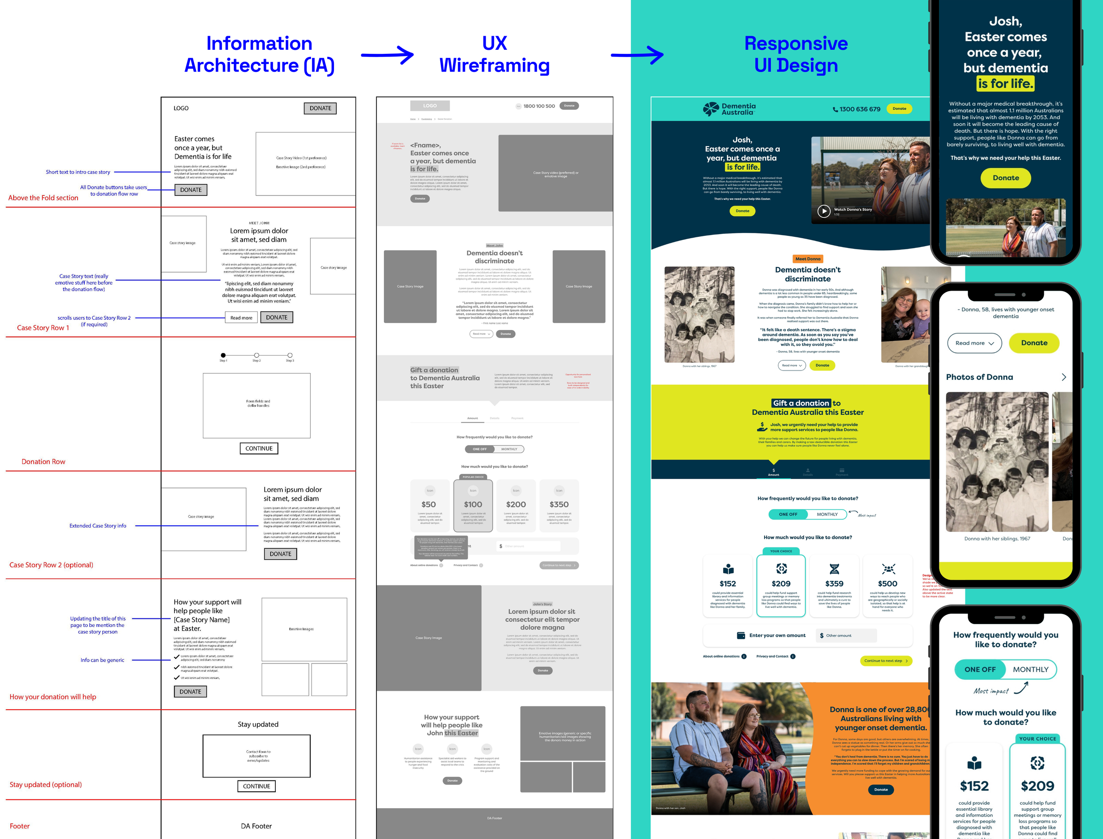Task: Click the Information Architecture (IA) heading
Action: click(259, 54)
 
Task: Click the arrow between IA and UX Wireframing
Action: click(387, 55)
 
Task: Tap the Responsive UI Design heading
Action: click(796, 54)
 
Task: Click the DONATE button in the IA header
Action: click(320, 109)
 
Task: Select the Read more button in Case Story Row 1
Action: click(241, 318)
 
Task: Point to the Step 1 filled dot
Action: click(223, 355)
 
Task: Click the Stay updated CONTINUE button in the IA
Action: click(256, 786)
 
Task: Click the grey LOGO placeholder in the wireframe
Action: click(430, 106)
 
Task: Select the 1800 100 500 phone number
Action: click(539, 106)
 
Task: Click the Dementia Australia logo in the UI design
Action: click(729, 109)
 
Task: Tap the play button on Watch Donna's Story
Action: click(824, 211)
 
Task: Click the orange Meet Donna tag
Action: click(808, 258)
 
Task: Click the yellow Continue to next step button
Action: click(885, 661)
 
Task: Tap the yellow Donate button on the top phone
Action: click(1005, 178)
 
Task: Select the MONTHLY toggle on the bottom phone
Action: click(1031, 669)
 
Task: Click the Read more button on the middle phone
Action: click(974, 343)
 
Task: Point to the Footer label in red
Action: click(19, 826)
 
